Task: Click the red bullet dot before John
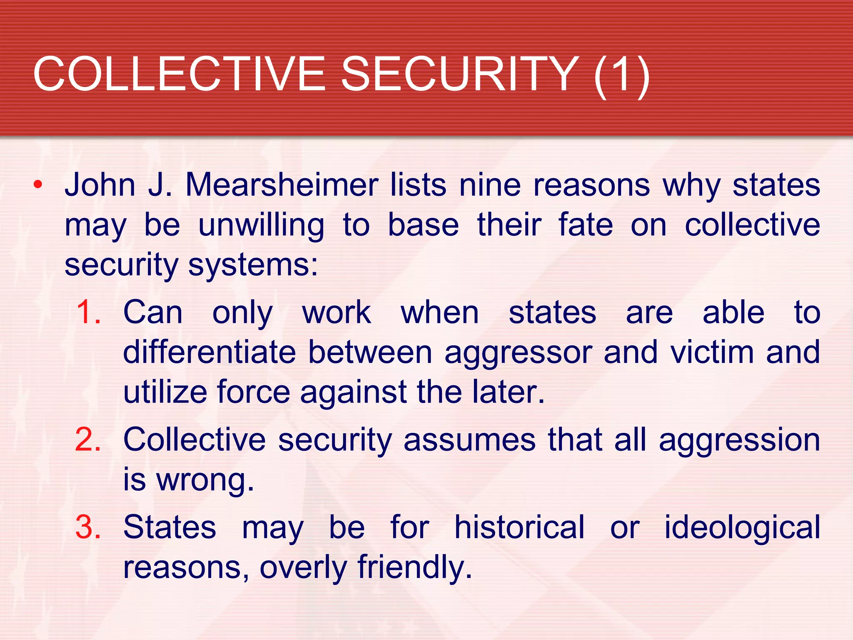point(38,185)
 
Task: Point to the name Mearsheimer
point(282,185)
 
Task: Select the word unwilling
point(261,225)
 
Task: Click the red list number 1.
point(88,312)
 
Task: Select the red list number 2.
point(88,440)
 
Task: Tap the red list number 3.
point(88,527)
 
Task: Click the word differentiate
point(210,352)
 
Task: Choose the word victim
point(712,352)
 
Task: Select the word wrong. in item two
point(205,480)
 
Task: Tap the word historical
point(519,527)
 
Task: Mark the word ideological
point(742,528)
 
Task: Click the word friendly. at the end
point(415,567)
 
